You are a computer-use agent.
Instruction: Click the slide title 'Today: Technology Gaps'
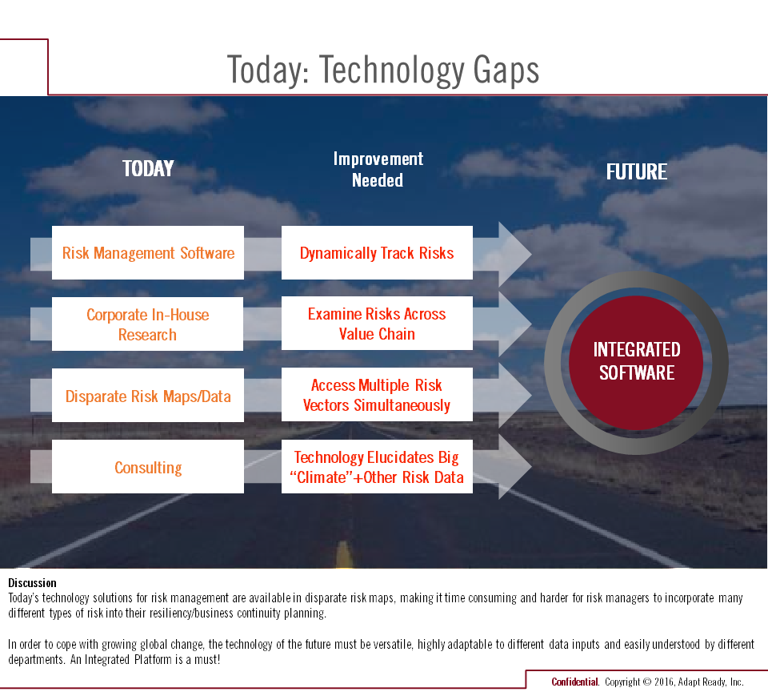382,70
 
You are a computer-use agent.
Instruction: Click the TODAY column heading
148,169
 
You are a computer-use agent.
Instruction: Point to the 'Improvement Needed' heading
378,170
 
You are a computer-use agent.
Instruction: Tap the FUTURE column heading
636,171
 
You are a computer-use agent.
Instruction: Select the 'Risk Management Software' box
148,252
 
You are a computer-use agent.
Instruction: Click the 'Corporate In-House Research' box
147,324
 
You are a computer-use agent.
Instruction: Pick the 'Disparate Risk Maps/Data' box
148,396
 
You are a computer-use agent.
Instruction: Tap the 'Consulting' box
148,466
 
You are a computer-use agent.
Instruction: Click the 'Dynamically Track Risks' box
377,252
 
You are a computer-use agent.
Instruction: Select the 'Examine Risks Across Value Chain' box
377,324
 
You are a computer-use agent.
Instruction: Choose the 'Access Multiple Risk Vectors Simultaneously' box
377,394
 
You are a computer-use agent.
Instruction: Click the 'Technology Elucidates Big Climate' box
377,466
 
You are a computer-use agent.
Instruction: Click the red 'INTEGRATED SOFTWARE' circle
636,363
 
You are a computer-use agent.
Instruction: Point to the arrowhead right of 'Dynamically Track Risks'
514,254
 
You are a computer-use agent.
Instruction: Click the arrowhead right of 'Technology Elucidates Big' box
514,466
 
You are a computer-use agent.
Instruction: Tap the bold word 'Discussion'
32,582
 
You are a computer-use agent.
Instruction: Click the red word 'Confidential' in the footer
574,682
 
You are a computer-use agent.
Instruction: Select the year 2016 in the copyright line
664,682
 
